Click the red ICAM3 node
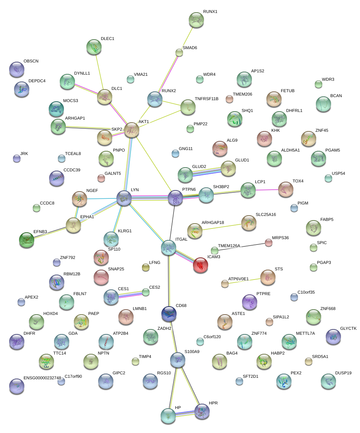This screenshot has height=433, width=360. [201, 265]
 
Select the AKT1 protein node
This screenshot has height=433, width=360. [132, 130]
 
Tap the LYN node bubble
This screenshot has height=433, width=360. [124, 198]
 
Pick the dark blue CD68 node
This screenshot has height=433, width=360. [169, 313]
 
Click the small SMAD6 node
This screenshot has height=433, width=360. [179, 53]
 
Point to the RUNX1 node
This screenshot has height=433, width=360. [196, 20]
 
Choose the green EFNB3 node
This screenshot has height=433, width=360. [27, 240]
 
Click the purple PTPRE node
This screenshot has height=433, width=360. [250, 302]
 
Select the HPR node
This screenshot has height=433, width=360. [202, 411]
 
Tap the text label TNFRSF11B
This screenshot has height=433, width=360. [207, 99]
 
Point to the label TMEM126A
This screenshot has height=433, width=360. [229, 246]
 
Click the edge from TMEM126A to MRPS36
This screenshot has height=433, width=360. [242, 246]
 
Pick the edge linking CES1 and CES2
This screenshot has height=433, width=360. [129, 294]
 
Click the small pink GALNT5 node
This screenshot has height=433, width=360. [101, 178]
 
